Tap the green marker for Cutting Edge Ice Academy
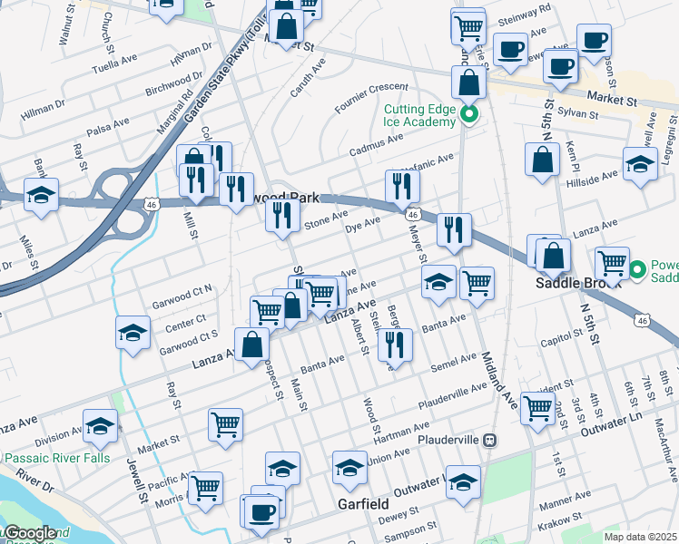(x=468, y=114)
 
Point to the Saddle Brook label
(x=576, y=281)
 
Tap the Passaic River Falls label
(x=56, y=458)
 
